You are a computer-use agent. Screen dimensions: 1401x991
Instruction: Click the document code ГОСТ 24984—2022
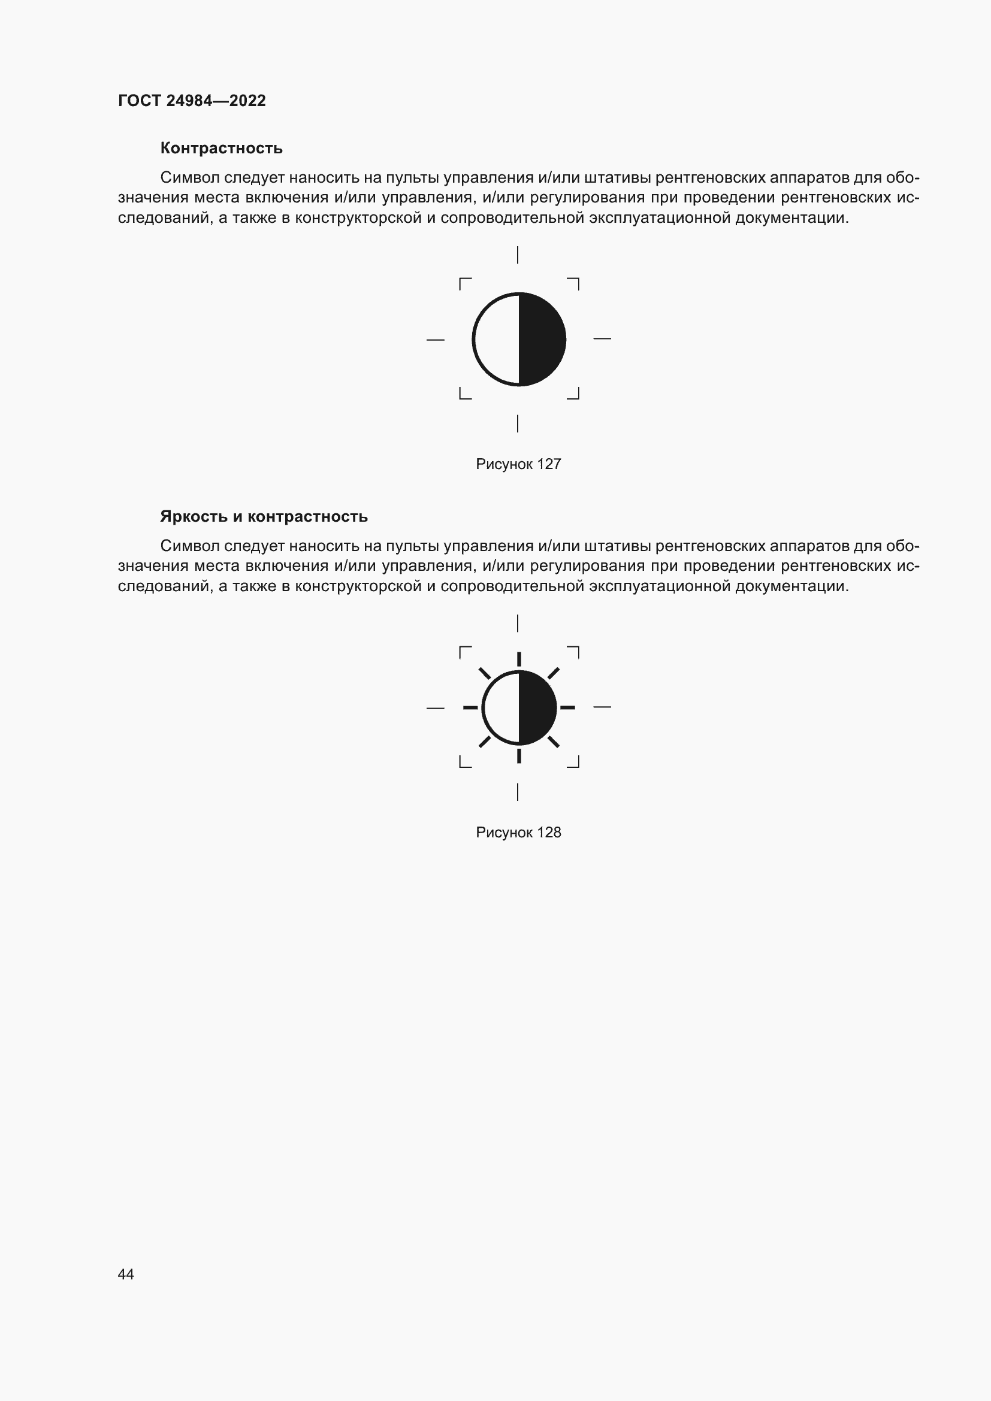192,101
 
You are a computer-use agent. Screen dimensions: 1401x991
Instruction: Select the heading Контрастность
222,149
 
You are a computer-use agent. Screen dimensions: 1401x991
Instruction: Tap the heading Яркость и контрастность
264,517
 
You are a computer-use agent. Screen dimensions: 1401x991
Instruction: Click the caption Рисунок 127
518,464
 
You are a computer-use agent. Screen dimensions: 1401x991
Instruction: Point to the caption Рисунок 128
518,833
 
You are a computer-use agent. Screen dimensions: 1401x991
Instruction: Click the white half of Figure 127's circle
496,339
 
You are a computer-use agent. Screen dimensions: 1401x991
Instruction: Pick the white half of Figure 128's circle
501,708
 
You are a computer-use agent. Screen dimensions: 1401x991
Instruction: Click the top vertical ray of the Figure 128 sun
519,659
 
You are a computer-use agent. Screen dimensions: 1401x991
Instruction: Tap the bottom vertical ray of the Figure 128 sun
519,757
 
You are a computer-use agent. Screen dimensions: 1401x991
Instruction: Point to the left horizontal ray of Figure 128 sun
470,708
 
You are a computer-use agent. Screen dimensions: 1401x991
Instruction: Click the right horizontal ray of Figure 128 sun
567,708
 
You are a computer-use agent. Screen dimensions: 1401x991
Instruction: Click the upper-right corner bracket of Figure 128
573,651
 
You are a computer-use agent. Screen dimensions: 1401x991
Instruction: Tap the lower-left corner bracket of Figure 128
464,762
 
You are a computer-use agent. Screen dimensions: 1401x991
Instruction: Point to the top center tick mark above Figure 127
518,255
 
